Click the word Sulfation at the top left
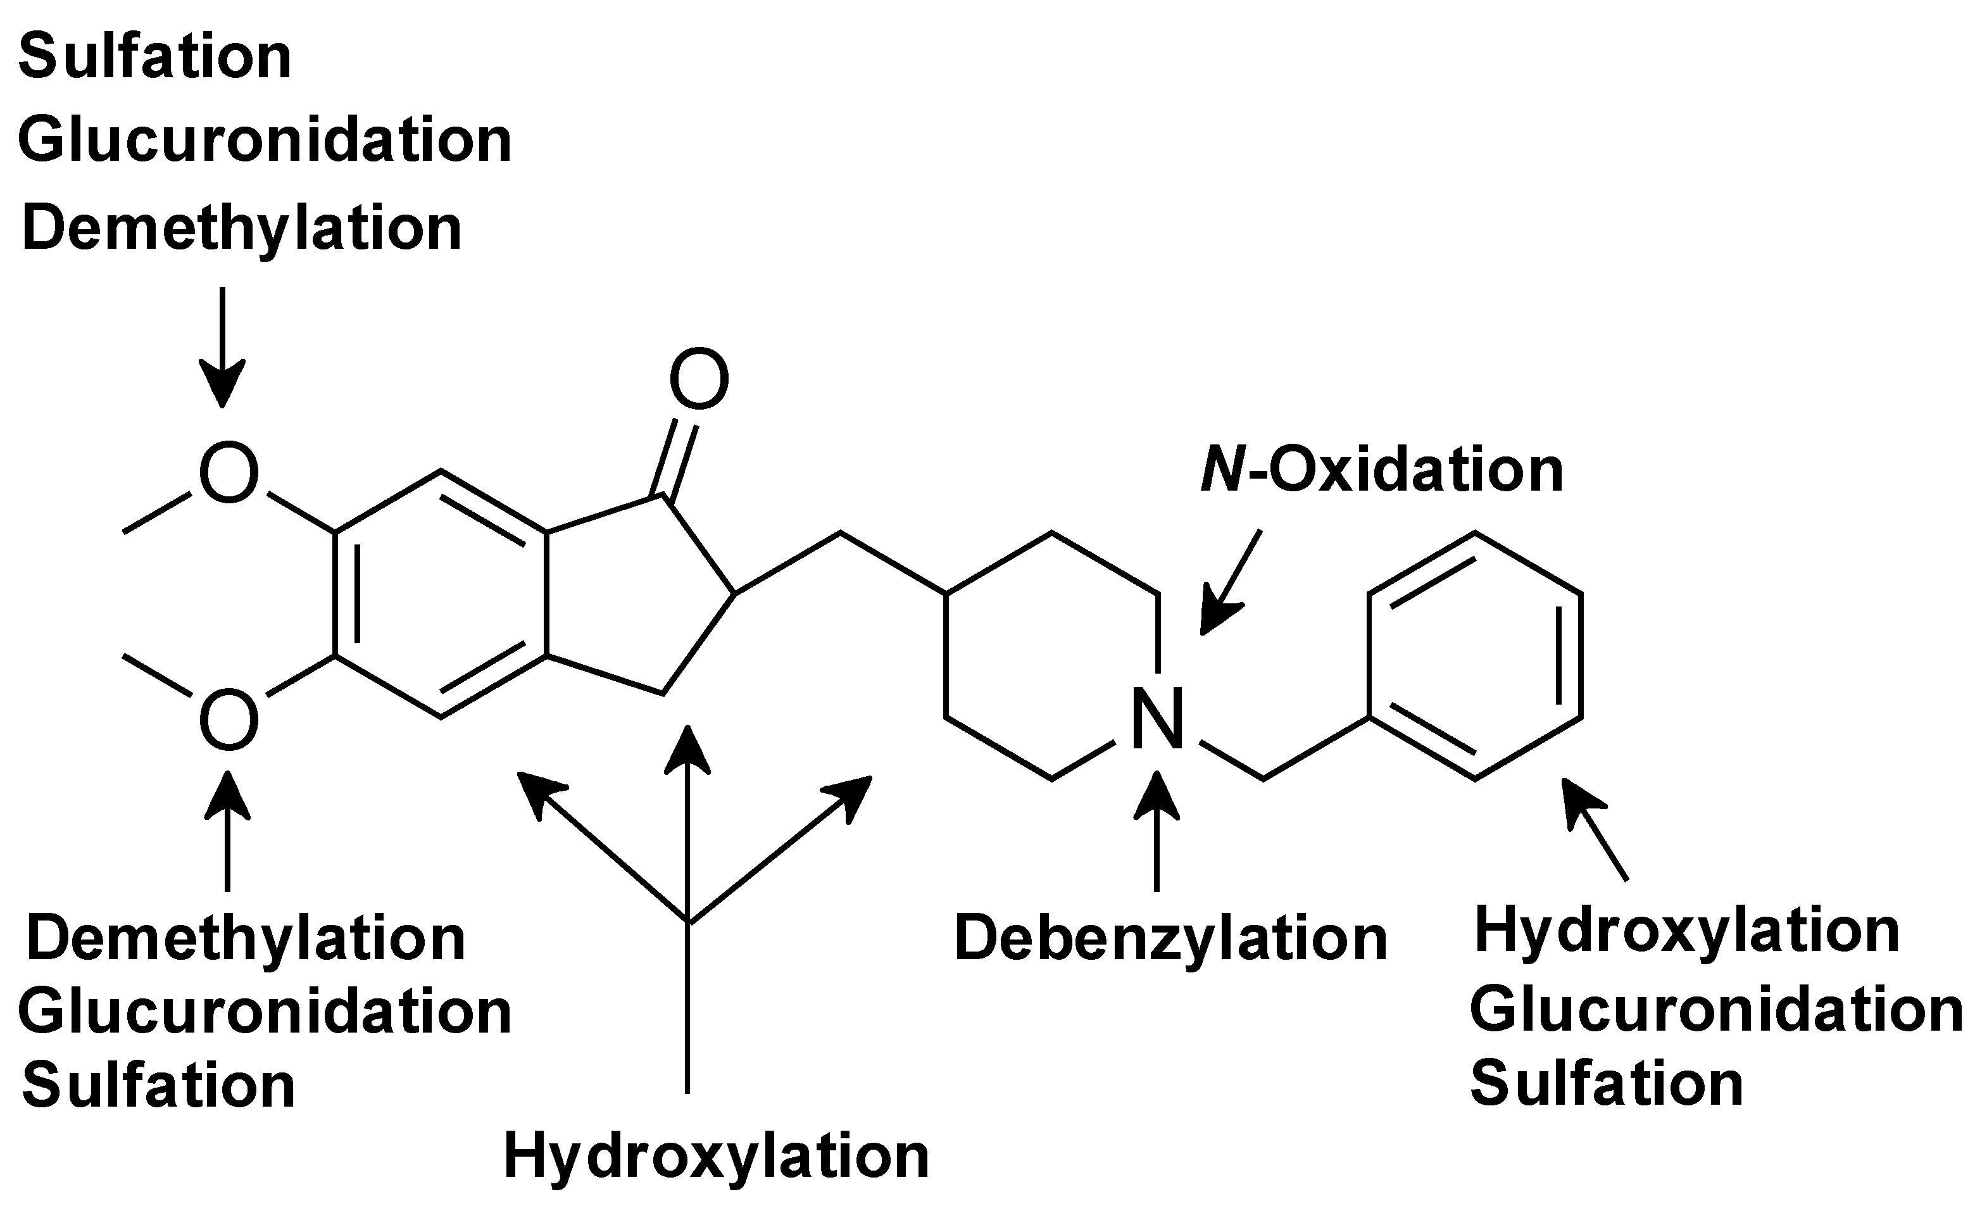click(x=155, y=58)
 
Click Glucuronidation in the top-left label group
click(x=265, y=141)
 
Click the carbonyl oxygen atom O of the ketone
click(x=699, y=379)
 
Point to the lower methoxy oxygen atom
click(x=229, y=720)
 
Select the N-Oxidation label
click(x=1382, y=470)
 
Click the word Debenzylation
click(x=1170, y=939)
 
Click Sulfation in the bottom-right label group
click(x=1607, y=1084)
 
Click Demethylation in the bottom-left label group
click(x=246, y=939)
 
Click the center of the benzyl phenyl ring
click(x=1474, y=655)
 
